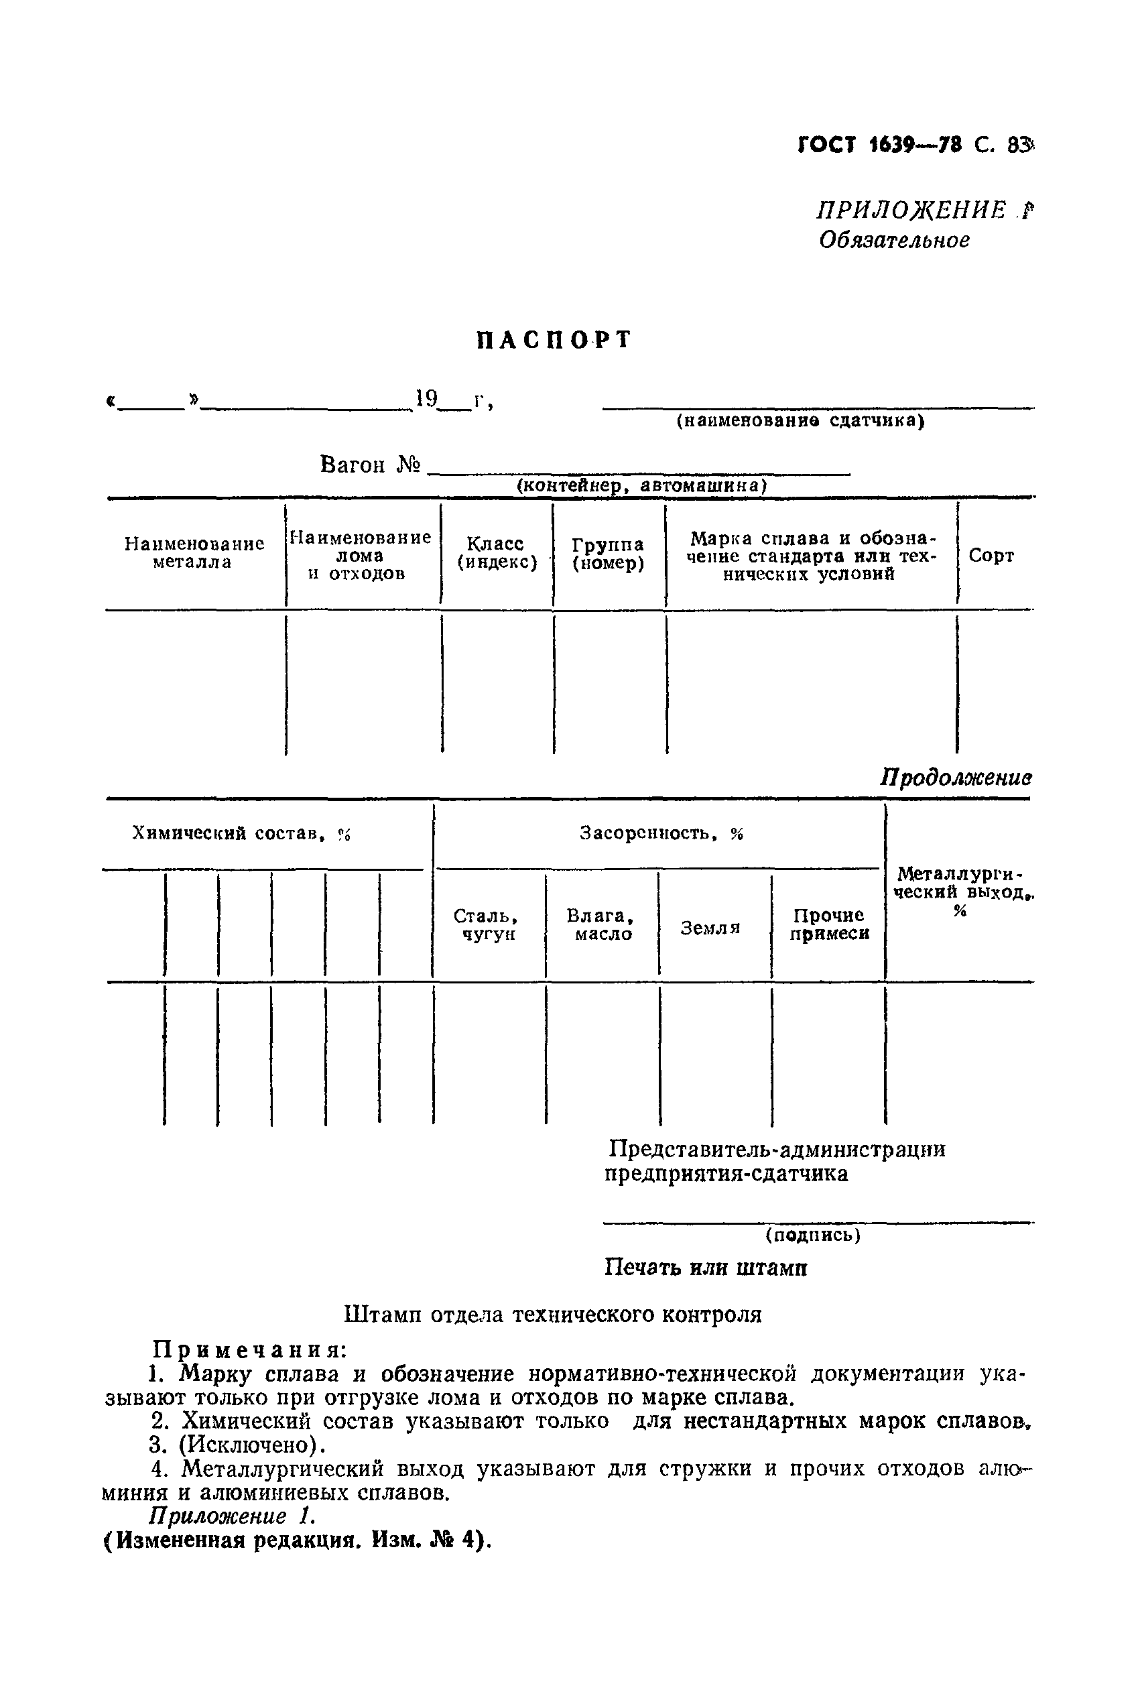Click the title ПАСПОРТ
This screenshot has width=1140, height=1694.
pos(554,341)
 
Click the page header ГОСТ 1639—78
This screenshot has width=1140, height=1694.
pos(880,145)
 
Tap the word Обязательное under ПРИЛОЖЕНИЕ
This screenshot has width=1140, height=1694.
pos(894,240)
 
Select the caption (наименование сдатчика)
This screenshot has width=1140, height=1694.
pos(800,421)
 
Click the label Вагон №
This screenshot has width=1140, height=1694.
pos(370,465)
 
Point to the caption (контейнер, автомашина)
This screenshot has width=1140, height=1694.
pos(641,485)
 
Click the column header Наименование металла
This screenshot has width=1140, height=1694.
pos(194,553)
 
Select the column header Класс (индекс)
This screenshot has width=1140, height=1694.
pos(497,553)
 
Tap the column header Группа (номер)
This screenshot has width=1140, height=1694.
pos(608,554)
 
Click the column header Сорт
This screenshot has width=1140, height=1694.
pos(991,556)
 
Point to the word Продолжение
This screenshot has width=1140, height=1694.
pos(955,778)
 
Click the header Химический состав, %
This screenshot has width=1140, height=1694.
pos(241,834)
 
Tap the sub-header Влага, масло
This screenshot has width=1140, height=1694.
pos(600,925)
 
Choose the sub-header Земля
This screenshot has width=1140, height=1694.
pos(710,928)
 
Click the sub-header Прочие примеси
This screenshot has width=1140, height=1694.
pos(829,925)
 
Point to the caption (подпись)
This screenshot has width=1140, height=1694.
pos(813,1235)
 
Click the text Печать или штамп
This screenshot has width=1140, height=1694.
pos(705,1268)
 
